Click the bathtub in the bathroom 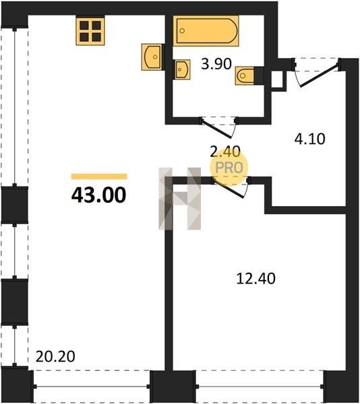tap(206, 31)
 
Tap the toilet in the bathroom tap(245, 75)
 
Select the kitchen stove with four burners tap(90, 30)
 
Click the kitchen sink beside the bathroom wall tap(152, 57)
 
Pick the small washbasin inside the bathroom tap(182, 69)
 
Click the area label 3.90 tap(216, 64)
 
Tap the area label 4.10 tap(309, 139)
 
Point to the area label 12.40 tap(256, 279)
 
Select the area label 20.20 tap(55, 356)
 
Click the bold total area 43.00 tap(98, 195)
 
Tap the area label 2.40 tap(225, 151)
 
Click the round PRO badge tap(229, 168)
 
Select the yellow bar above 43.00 tap(99, 176)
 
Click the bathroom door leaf tap(217, 128)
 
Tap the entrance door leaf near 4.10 tap(319, 75)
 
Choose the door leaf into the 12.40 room tap(229, 189)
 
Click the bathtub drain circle tap(182, 31)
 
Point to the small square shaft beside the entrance tap(278, 80)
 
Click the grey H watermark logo tap(180, 199)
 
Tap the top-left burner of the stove tap(84, 26)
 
